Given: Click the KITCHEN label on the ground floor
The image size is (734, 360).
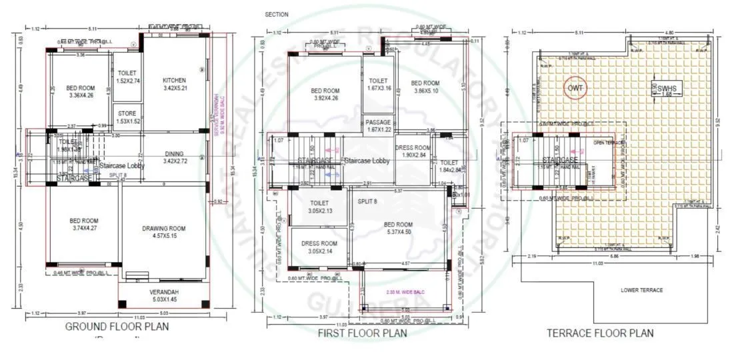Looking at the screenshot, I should pyautogui.click(x=175, y=81).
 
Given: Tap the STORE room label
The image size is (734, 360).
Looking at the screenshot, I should pyautogui.click(x=127, y=113).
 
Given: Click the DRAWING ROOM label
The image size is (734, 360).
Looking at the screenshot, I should pyautogui.click(x=164, y=229).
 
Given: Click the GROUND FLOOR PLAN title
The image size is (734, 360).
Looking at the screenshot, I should pyautogui.click(x=116, y=327).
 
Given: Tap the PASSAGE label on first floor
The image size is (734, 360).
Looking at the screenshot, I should pyautogui.click(x=378, y=122).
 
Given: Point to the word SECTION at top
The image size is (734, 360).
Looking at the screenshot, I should pyautogui.click(x=277, y=14).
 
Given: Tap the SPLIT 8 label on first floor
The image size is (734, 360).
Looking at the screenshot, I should pyautogui.click(x=368, y=201).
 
